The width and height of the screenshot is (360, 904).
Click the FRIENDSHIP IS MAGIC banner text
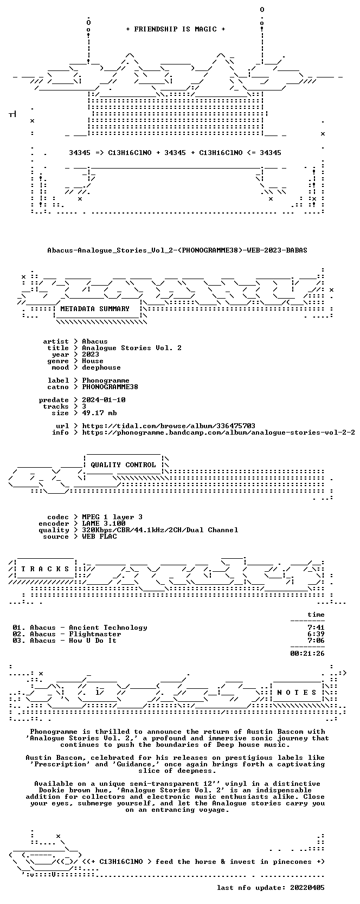click(176, 29)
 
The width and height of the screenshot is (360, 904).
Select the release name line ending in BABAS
click(177, 250)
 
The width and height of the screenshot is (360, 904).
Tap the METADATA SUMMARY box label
click(95, 309)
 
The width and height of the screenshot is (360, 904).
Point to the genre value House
click(93, 361)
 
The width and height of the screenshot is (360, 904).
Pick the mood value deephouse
click(101, 367)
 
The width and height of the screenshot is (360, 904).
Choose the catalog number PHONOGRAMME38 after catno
click(110, 386)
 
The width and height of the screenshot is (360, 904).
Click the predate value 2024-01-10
click(104, 399)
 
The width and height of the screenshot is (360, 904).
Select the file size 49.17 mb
click(99, 413)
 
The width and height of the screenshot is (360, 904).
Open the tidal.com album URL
click(169, 426)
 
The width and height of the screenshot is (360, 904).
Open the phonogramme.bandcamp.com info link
click(218, 432)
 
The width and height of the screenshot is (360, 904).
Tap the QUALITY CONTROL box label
click(123, 465)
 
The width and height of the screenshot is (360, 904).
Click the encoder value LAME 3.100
click(104, 524)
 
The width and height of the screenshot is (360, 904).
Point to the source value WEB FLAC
click(99, 537)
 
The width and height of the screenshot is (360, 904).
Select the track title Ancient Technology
click(108, 628)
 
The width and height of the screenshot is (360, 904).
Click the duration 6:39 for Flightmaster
click(316, 634)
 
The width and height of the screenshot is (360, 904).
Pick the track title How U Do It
click(93, 641)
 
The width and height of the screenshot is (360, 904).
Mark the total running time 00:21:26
click(307, 654)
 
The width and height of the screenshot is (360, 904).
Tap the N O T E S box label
click(297, 693)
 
